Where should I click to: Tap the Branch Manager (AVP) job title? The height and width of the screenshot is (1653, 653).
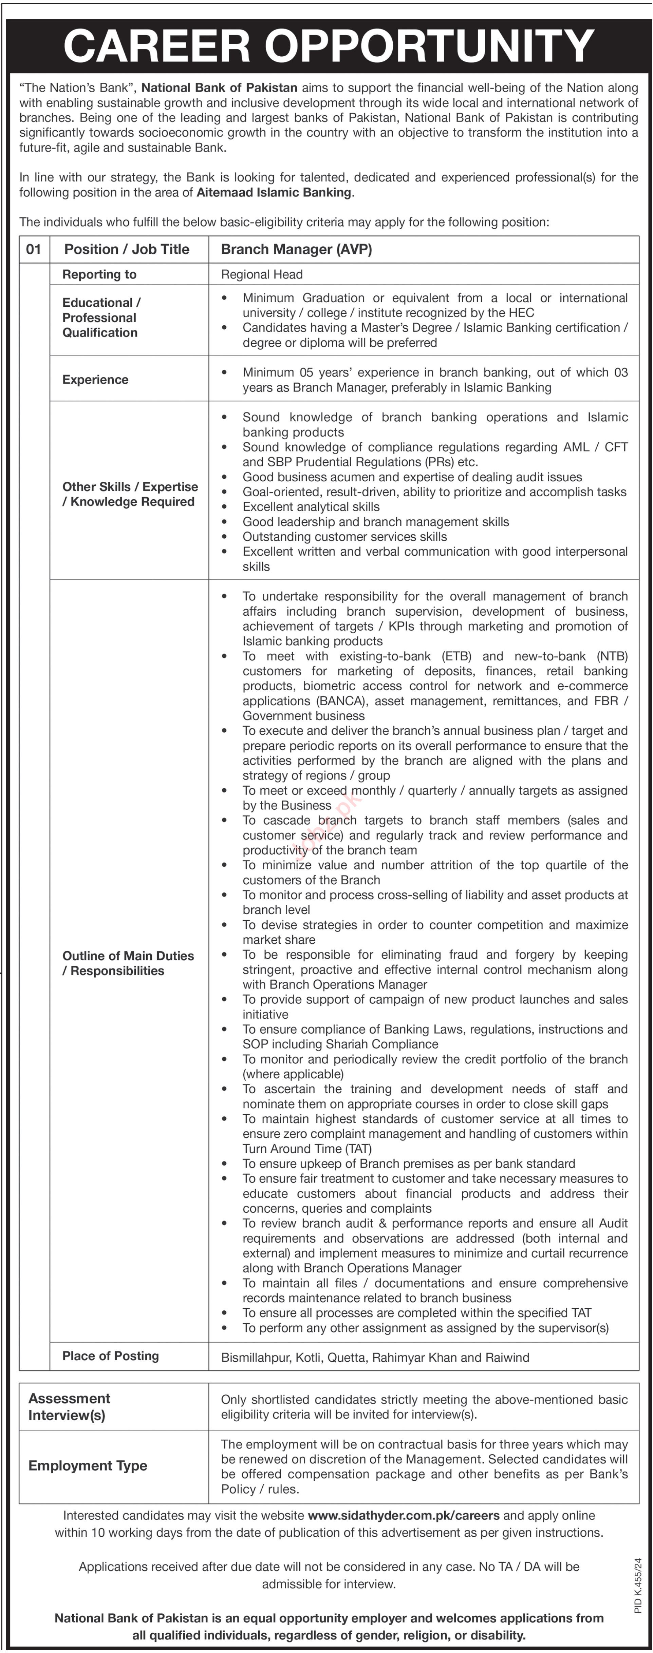(296, 250)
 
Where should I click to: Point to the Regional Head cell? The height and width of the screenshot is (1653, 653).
(261, 275)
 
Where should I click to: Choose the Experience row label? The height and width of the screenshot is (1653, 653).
(95, 380)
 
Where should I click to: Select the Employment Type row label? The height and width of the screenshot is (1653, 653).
(87, 1466)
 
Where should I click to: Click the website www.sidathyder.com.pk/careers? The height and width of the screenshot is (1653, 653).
(403, 1516)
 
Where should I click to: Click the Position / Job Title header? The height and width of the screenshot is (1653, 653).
(127, 250)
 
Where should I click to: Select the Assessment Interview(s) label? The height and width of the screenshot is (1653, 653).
(69, 1407)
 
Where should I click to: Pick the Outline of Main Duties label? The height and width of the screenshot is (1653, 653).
(128, 963)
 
